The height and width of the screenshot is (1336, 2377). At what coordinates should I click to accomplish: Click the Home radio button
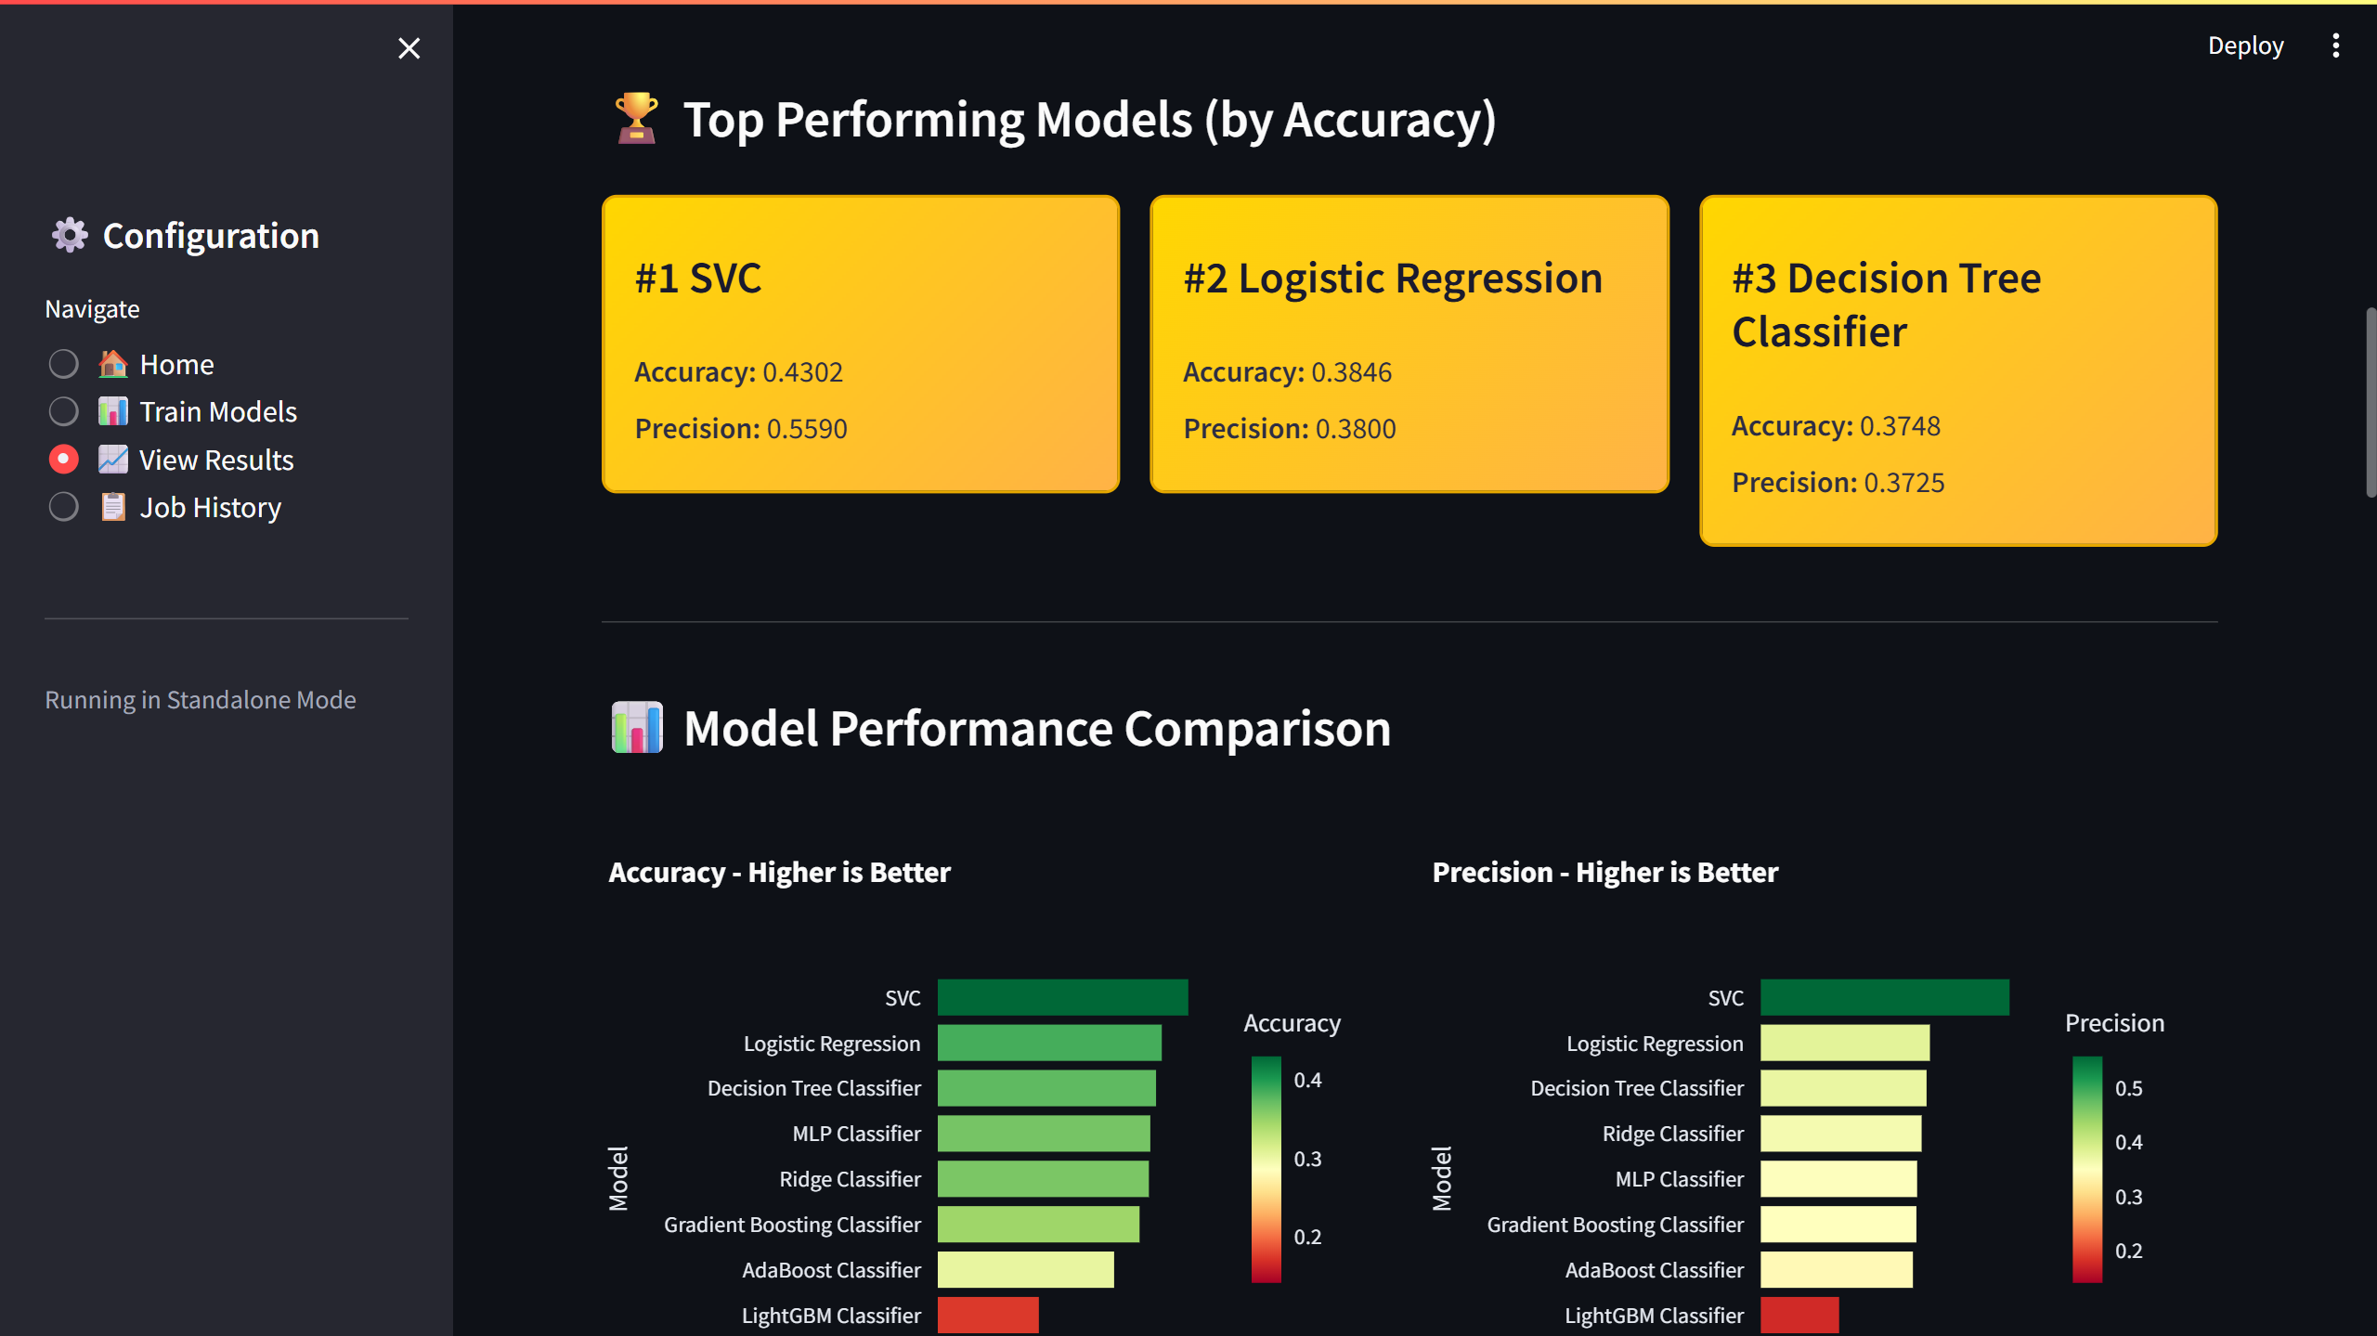click(63, 364)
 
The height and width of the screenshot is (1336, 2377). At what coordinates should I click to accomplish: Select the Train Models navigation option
click(63, 411)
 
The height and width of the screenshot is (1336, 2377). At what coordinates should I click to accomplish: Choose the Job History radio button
click(63, 507)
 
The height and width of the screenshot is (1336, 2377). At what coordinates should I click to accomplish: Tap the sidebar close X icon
click(409, 48)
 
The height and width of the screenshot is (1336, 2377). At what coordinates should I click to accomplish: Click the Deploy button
click(2245, 45)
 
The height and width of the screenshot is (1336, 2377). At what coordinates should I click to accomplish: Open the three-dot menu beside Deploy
click(2335, 45)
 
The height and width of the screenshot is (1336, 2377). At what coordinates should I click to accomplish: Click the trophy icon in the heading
click(637, 119)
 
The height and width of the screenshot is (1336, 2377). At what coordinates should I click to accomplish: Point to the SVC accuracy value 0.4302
click(802, 372)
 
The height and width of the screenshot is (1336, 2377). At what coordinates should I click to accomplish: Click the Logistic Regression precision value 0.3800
click(1356, 429)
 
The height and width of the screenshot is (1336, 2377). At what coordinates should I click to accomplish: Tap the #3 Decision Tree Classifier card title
click(1886, 305)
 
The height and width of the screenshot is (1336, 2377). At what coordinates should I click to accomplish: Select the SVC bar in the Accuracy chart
click(1062, 997)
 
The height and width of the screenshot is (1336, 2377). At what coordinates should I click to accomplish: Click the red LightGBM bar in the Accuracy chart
click(988, 1315)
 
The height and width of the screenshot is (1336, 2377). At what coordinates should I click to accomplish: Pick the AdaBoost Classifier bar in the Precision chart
click(1836, 1269)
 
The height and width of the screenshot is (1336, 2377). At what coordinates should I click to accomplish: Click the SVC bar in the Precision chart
click(1884, 997)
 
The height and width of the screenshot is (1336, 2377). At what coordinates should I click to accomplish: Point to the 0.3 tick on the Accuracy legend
click(1307, 1159)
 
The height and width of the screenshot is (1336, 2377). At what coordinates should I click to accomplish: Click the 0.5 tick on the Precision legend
click(2128, 1088)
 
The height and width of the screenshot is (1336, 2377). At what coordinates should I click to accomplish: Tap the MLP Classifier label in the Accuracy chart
click(856, 1134)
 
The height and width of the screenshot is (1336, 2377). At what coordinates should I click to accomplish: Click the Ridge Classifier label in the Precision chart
click(1672, 1134)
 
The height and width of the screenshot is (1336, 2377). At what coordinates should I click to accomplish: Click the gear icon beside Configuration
click(70, 236)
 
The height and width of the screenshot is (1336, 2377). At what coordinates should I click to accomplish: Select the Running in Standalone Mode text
click(201, 700)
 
